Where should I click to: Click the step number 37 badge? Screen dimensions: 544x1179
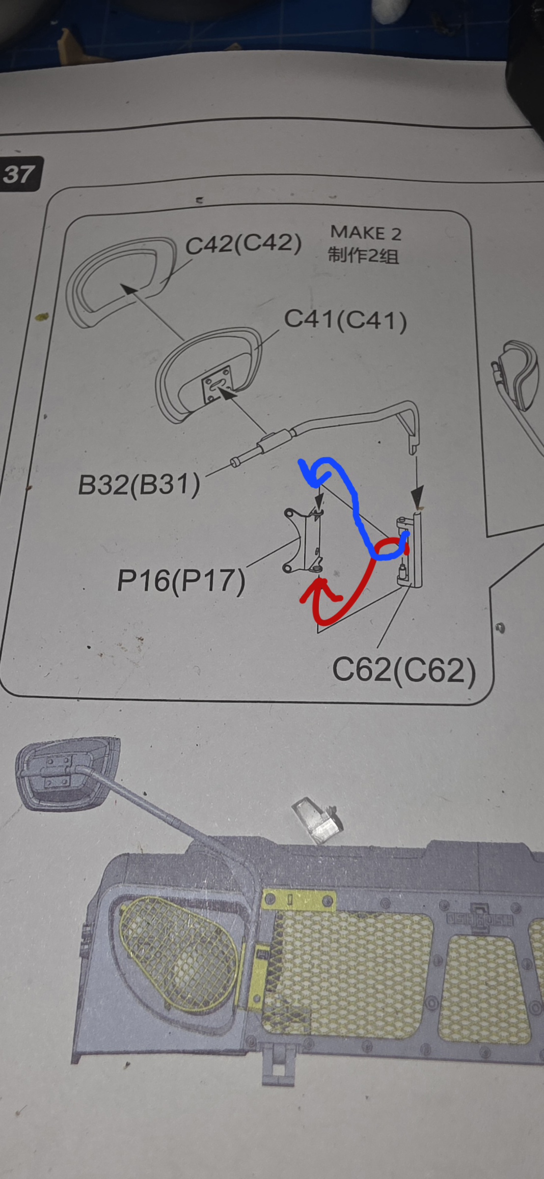pos(21,173)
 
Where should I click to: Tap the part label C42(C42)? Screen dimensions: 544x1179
pos(244,244)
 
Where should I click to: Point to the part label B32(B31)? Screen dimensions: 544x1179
pos(139,485)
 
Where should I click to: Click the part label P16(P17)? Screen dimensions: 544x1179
pos(181,581)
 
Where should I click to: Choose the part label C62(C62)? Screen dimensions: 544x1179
pos(404,670)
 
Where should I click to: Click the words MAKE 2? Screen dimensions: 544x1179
pos(366,233)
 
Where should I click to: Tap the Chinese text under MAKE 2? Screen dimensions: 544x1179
pos(363,255)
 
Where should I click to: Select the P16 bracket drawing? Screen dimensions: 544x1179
pos(303,541)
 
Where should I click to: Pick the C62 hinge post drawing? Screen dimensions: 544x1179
pos(410,550)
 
